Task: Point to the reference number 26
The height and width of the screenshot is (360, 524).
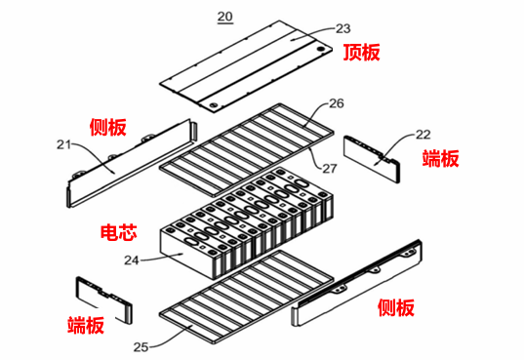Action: click(x=336, y=102)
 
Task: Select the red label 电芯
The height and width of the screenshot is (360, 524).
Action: click(x=118, y=235)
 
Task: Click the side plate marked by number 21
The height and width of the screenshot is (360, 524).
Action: click(x=127, y=160)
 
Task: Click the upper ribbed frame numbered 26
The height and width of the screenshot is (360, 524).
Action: click(x=254, y=141)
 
